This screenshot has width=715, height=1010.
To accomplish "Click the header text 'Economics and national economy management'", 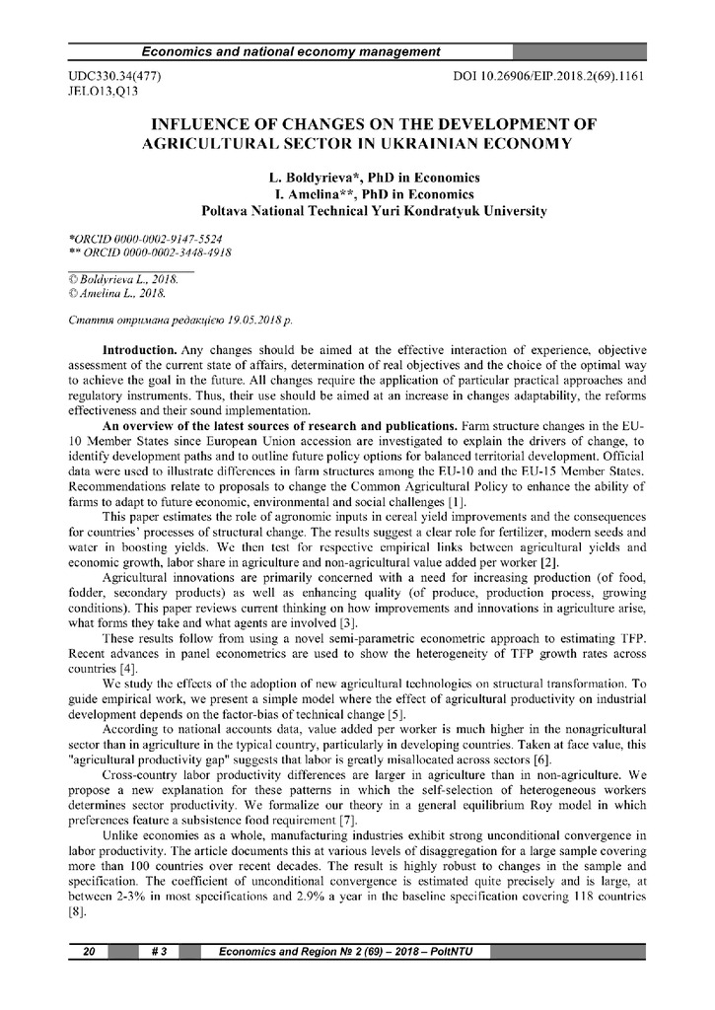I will (x=291, y=51).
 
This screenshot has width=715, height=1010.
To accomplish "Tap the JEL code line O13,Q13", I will (x=104, y=91).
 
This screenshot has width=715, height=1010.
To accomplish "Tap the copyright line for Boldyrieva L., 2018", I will (x=123, y=280).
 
